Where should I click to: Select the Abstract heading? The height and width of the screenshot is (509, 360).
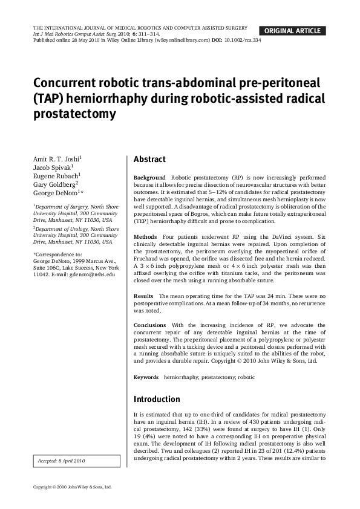tap(149, 160)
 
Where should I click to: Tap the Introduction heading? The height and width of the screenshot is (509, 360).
tap(156, 399)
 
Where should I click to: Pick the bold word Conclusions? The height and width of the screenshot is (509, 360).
tap(149, 325)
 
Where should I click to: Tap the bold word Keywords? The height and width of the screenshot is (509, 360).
tap(146, 377)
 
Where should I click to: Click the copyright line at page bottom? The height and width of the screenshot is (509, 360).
tap(72, 487)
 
